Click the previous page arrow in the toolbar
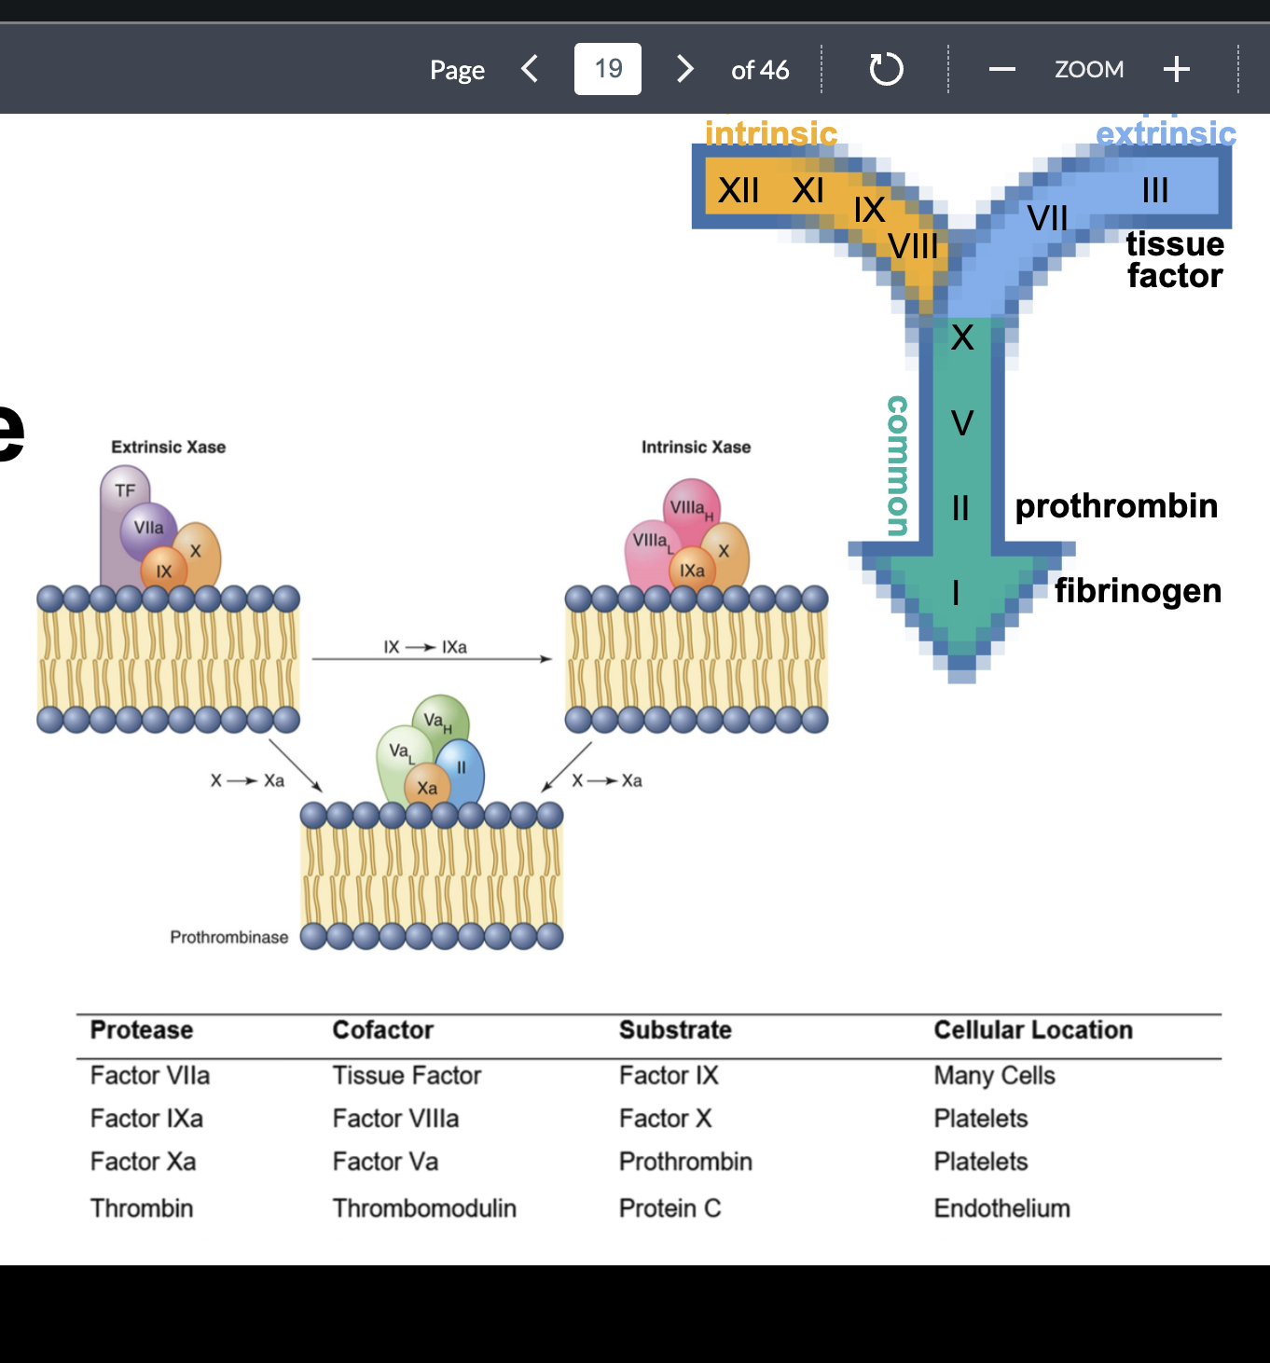530,69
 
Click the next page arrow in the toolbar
684,69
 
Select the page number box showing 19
608,69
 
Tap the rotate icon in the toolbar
886,69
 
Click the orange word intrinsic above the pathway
771,133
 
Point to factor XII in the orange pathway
738,190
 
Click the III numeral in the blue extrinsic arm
1155,189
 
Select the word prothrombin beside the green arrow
1116,506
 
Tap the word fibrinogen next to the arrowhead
1138,591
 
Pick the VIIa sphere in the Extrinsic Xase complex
148,528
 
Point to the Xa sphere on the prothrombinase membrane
427,787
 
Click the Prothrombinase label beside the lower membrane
229,938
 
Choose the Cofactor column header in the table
383,1029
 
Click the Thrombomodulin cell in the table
424,1208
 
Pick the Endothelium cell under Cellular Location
1001,1208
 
